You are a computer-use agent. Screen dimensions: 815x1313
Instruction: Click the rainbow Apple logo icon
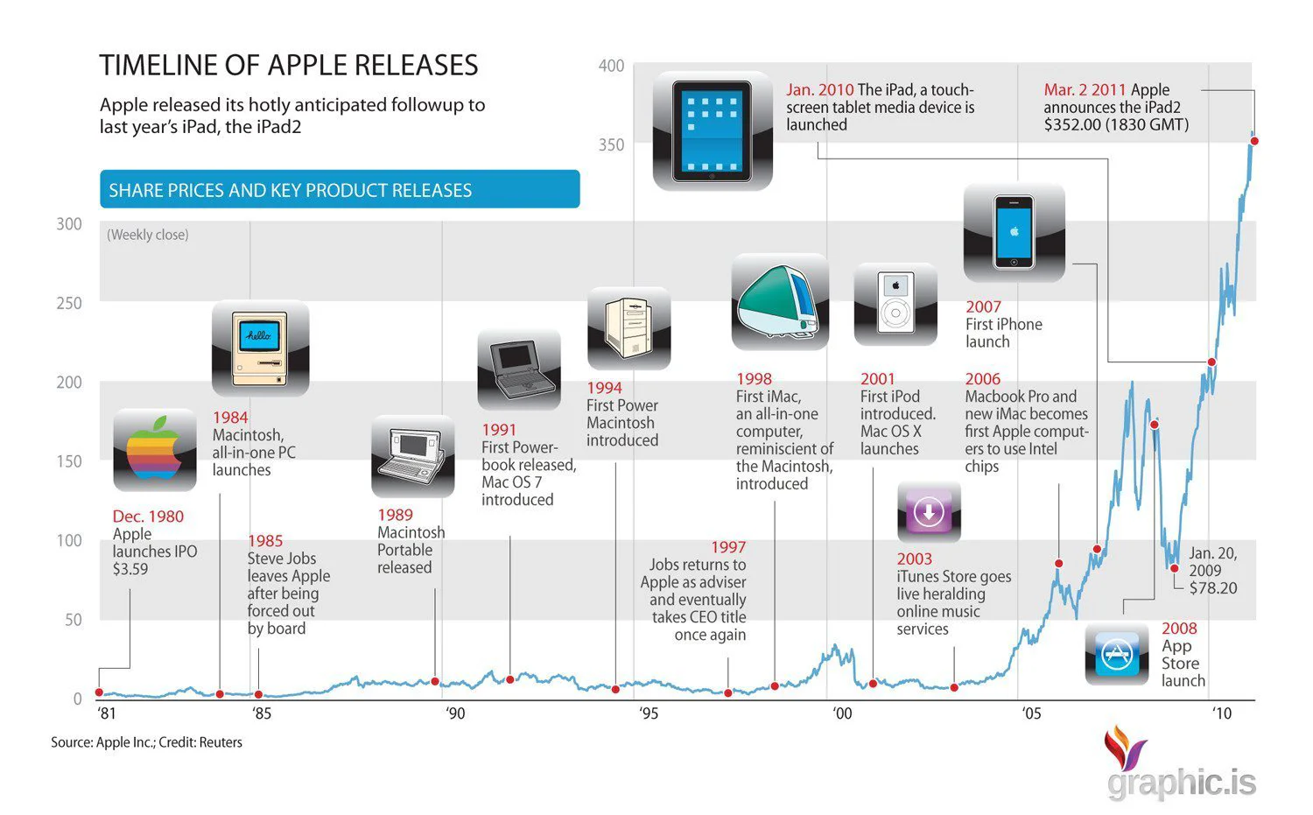tap(155, 450)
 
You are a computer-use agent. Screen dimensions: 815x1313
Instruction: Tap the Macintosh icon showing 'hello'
tap(260, 348)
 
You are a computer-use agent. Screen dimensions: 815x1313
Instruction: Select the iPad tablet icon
tap(713, 131)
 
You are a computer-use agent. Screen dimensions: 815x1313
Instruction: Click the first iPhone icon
tap(1014, 232)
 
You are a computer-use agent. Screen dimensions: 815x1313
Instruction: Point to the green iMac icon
tap(780, 302)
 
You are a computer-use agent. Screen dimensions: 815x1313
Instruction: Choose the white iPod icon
tap(895, 303)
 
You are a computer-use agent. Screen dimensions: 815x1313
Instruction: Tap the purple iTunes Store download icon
tap(929, 512)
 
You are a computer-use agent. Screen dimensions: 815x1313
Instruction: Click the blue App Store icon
tap(1117, 654)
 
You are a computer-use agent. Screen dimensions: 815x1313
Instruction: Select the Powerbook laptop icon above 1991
tap(519, 369)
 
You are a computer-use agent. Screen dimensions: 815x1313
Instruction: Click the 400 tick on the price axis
tap(611, 66)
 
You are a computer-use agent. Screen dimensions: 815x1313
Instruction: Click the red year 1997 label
tap(727, 547)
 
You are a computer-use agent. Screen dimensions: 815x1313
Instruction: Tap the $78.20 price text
tap(1212, 588)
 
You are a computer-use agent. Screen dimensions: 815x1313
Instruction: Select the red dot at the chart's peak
tap(1253, 140)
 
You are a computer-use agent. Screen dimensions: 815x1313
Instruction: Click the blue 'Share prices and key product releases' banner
tap(340, 190)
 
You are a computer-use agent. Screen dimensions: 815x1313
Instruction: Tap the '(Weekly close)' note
tap(148, 235)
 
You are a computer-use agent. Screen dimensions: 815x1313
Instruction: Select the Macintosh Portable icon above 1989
tap(412, 456)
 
